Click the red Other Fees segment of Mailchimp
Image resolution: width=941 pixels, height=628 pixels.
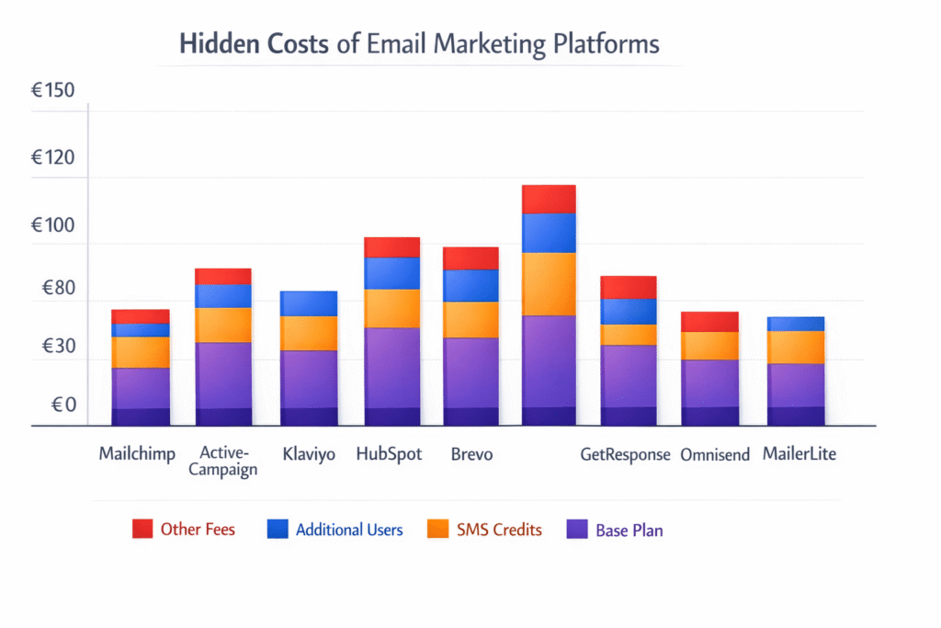(141, 316)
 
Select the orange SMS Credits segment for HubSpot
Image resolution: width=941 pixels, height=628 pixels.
(392, 308)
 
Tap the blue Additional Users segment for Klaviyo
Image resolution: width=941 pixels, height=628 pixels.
(309, 303)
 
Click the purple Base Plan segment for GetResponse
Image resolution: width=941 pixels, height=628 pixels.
(629, 375)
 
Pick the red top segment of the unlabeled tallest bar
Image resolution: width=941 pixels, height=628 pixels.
(549, 199)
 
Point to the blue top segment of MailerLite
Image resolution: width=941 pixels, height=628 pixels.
(796, 324)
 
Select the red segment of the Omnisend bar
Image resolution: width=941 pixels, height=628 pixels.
(710, 322)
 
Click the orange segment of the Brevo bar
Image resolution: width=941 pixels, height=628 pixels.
(470, 319)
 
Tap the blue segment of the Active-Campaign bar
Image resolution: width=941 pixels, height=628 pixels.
(223, 295)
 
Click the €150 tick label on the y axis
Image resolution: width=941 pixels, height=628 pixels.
(52, 90)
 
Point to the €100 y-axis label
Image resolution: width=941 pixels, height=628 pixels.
(52, 225)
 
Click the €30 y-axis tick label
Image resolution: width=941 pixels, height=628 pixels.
(52, 348)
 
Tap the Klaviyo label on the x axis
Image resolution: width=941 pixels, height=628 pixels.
(309, 454)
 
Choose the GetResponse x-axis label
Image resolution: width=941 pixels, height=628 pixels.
(625, 454)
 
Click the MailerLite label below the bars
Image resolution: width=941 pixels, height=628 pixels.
(799, 454)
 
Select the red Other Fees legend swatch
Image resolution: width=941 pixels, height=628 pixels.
(142, 529)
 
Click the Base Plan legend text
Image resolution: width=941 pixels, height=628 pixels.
(629, 530)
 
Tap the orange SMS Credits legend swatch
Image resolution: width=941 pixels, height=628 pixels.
(438, 529)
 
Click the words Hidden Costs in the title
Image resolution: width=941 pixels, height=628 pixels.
(253, 45)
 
